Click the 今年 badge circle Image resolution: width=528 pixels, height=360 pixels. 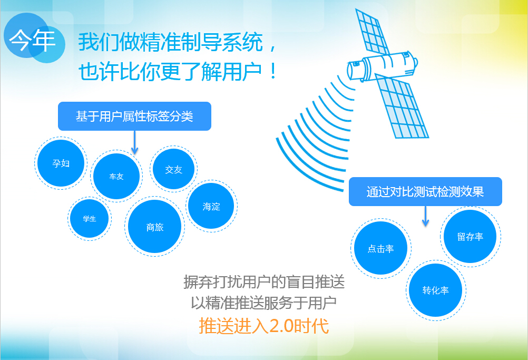(34, 38)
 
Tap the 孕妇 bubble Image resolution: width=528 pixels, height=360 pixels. (61, 163)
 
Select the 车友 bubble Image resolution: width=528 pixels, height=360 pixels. (116, 176)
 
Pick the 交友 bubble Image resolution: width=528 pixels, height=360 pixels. (174, 169)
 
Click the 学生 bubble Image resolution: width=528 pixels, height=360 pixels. (90, 219)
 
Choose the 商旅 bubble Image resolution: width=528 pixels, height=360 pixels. (155, 227)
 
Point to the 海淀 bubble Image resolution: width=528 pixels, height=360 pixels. (211, 206)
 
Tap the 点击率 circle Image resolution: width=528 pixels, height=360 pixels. (381, 248)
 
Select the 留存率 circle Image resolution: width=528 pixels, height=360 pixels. (471, 237)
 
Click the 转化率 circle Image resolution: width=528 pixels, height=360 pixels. (436, 290)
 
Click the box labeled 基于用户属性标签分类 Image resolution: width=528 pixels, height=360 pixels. (135, 116)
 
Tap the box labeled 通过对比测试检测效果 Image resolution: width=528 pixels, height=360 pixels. (425, 192)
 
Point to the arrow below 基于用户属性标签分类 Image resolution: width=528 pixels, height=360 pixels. (135, 142)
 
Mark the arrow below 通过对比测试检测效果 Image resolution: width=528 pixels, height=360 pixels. (425, 216)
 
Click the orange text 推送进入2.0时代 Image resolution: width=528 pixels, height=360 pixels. (263, 326)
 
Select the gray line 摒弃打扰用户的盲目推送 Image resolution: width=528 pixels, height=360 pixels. (264, 281)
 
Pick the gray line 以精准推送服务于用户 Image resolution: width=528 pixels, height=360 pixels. (263, 303)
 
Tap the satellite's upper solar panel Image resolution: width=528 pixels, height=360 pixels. (373, 31)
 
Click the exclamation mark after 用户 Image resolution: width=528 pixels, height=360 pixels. (273, 71)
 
